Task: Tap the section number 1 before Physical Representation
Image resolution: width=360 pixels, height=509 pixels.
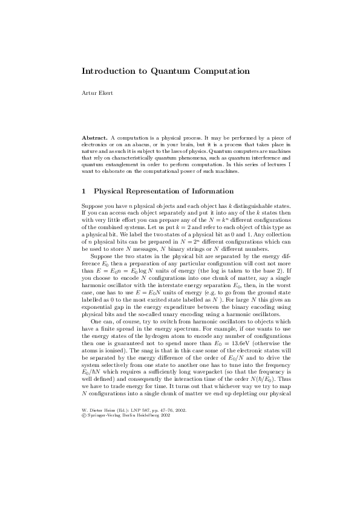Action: tap(83, 191)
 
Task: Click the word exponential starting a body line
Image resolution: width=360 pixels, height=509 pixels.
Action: tap(97, 308)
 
